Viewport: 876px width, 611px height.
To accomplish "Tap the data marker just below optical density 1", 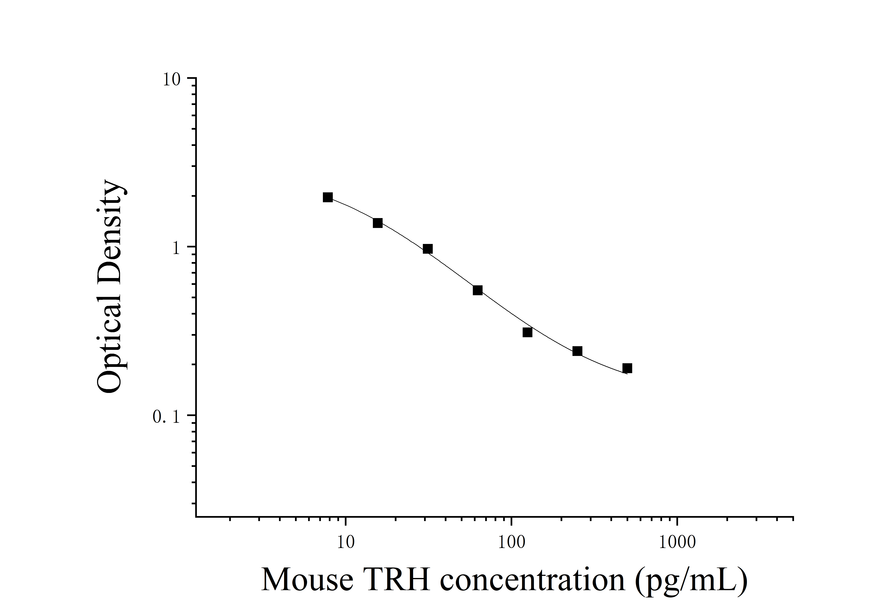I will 428,249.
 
